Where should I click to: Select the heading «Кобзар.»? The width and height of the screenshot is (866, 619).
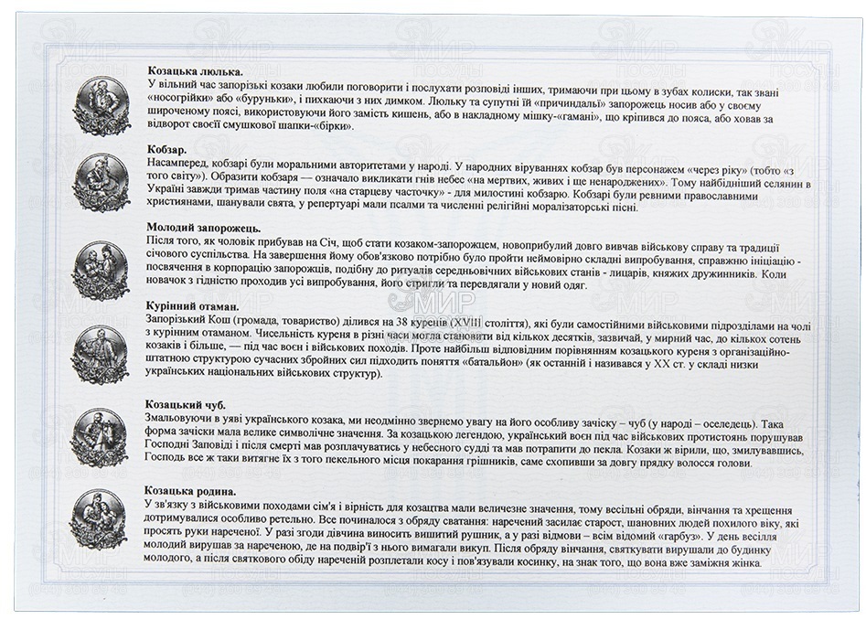click(166, 148)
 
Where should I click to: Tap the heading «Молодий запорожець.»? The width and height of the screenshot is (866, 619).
click(204, 226)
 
